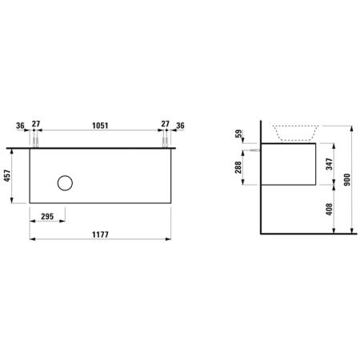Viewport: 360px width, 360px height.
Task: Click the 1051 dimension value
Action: tap(100, 126)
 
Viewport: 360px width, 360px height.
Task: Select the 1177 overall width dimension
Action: tap(100, 234)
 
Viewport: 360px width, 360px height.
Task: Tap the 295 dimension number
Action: tap(47, 216)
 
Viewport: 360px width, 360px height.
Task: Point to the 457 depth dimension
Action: tap(7, 175)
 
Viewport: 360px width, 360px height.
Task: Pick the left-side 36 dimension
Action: tap(20, 126)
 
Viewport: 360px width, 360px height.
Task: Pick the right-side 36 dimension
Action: tap(180, 126)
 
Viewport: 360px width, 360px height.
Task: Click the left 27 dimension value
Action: tap(36, 124)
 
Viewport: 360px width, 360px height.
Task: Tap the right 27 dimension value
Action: tap(165, 124)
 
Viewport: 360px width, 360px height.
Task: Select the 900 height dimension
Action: tap(346, 179)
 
